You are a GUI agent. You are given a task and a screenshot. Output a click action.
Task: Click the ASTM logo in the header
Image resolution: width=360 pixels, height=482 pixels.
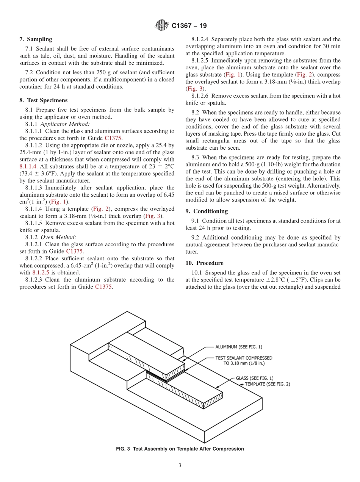tap(162, 26)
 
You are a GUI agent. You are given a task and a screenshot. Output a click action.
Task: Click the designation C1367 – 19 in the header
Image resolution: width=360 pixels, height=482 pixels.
tap(189, 26)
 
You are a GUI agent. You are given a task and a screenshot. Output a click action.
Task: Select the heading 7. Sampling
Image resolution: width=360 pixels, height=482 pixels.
tap(36, 39)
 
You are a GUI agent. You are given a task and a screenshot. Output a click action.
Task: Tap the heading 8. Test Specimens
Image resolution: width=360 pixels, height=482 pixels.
tap(43, 100)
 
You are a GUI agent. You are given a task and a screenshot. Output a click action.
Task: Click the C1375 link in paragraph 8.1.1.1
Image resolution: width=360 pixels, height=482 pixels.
tap(113, 138)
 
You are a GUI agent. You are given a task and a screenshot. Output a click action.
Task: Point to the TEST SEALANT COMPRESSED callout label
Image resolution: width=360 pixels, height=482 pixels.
tap(244, 358)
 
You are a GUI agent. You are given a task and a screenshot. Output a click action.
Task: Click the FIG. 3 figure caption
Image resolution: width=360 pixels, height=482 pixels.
tap(180, 449)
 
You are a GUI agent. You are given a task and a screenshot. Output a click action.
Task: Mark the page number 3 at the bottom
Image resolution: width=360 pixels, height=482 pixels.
tap(180, 466)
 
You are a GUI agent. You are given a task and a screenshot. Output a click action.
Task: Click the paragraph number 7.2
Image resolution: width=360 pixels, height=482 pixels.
tap(29, 72)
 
